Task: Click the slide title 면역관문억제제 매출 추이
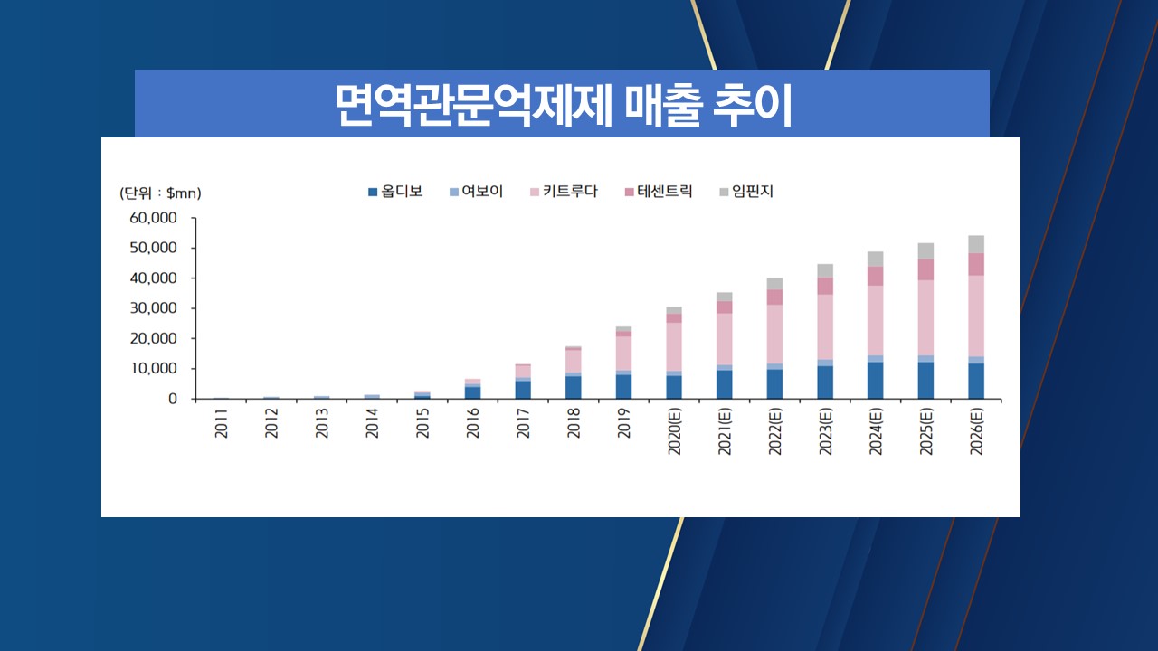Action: click(562, 106)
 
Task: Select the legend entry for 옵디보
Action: click(394, 192)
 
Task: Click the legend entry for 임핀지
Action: click(745, 192)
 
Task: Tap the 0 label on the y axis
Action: click(171, 399)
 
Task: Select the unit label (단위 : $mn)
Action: click(160, 193)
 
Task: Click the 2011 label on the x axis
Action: click(222, 424)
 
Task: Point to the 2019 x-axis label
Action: click(624, 424)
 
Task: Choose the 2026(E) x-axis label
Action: click(976, 433)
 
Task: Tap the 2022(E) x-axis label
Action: click(775, 433)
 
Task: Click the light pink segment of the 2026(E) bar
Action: click(976, 316)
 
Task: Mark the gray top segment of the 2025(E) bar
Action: click(925, 250)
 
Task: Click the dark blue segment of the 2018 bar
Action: click(574, 387)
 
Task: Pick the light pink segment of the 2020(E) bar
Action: click(675, 346)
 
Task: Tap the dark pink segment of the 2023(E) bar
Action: click(825, 286)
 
